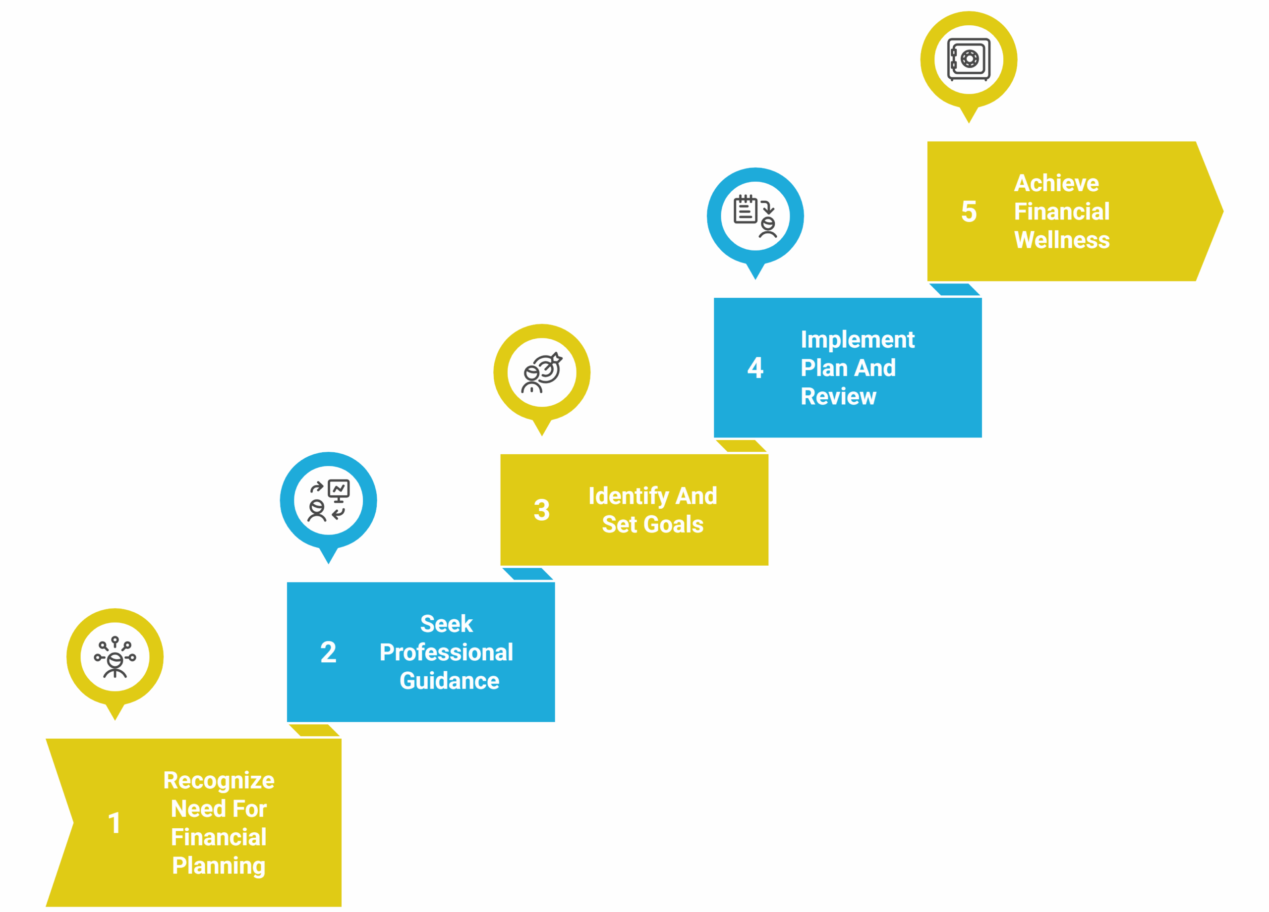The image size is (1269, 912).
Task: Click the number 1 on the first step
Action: point(115,823)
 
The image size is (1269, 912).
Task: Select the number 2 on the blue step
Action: point(329,652)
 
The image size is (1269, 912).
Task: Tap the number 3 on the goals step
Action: point(542,510)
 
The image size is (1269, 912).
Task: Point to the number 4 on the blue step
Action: point(755,368)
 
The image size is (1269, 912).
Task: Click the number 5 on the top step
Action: point(969,212)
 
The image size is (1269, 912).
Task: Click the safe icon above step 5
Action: point(969,59)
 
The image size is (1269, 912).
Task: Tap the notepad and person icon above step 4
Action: point(755,216)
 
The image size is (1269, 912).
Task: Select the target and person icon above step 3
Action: point(542,373)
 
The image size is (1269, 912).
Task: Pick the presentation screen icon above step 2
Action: point(329,500)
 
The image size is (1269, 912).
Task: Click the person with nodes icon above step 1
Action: point(115,657)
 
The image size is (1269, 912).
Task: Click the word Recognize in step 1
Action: point(219,781)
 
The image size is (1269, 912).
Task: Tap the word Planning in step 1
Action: point(219,865)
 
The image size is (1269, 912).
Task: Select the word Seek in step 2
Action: point(447,624)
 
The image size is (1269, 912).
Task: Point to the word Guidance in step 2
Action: point(449,681)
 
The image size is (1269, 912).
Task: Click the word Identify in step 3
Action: point(629,496)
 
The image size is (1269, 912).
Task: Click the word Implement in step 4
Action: point(857,339)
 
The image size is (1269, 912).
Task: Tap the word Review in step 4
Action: point(838,396)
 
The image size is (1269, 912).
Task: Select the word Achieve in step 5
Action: point(1056,183)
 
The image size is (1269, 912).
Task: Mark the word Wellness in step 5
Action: point(1061,240)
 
